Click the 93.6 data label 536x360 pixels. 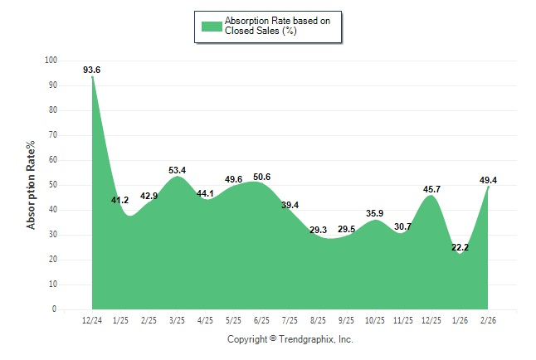(92, 70)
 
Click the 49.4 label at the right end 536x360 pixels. (489, 180)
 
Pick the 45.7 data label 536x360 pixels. (432, 189)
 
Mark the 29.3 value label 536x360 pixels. (319, 230)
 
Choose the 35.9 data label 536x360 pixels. (375, 213)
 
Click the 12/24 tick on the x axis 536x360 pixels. (92, 320)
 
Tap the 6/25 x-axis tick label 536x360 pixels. (261, 320)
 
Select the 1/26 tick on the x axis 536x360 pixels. (460, 320)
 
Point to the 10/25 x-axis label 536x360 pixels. (375, 320)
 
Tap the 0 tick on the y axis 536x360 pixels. (55, 309)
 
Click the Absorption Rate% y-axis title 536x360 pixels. (32, 185)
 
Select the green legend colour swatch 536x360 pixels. (212, 27)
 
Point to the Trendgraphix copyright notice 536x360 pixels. (290, 339)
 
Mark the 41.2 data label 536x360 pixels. (120, 200)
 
